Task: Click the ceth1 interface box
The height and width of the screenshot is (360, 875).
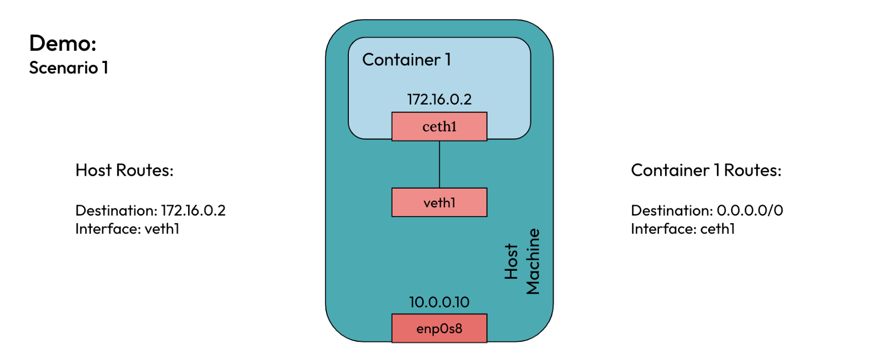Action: pyautogui.click(x=439, y=126)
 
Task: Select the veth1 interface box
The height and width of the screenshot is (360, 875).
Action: pyautogui.click(x=439, y=202)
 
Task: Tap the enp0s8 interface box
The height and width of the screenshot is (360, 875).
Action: pyautogui.click(x=439, y=328)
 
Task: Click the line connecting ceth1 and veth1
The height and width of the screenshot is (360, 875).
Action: pyautogui.click(x=440, y=164)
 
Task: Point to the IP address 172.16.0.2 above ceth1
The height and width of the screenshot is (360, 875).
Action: pyautogui.click(x=439, y=100)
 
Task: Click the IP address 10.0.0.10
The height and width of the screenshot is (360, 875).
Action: pyautogui.click(x=439, y=302)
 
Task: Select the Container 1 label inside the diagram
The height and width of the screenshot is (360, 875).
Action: pyautogui.click(x=406, y=60)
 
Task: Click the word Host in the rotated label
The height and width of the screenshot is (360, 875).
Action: pyautogui.click(x=511, y=262)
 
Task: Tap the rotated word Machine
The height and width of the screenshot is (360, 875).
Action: pyautogui.click(x=533, y=262)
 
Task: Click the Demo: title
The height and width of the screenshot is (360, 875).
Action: pyautogui.click(x=63, y=43)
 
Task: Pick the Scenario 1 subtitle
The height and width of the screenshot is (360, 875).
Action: pyautogui.click(x=68, y=68)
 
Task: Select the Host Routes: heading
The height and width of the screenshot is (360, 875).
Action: pyautogui.click(x=124, y=170)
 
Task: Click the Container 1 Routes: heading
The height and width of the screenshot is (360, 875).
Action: pyautogui.click(x=706, y=170)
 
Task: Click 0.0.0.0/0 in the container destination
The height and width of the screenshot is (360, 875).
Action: pyautogui.click(x=750, y=211)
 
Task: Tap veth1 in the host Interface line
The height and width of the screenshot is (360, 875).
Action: pyautogui.click(x=162, y=229)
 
